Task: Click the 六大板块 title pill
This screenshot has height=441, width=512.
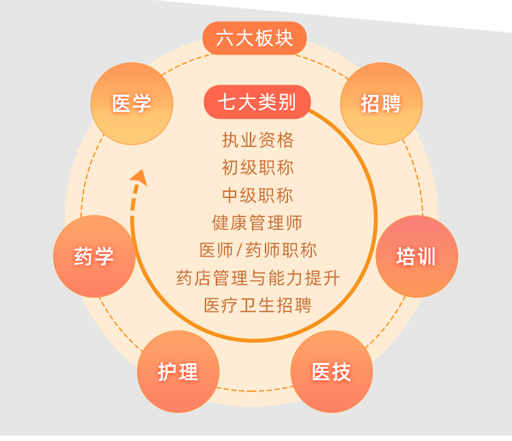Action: pyautogui.click(x=255, y=38)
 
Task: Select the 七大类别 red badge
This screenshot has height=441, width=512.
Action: pyautogui.click(x=257, y=102)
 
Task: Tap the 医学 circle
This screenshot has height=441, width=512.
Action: pyautogui.click(x=132, y=104)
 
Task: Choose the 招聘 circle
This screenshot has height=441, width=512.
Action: pyautogui.click(x=381, y=104)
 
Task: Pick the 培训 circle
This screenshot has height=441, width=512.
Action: pyautogui.click(x=416, y=256)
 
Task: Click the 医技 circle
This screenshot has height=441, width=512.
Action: pyautogui.click(x=331, y=371)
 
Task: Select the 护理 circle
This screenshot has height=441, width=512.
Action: pyautogui.click(x=178, y=371)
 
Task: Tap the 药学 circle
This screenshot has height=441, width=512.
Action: pyautogui.click(x=94, y=256)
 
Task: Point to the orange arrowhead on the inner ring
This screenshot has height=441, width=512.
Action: pyautogui.click(x=139, y=177)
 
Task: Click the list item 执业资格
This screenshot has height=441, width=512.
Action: pyautogui.click(x=258, y=140)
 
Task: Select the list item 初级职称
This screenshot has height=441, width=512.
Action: pyautogui.click(x=258, y=167)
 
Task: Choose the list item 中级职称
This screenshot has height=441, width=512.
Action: pyautogui.click(x=258, y=195)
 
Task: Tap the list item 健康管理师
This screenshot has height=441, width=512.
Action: pyautogui.click(x=257, y=223)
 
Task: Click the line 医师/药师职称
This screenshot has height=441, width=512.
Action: pyautogui.click(x=258, y=251)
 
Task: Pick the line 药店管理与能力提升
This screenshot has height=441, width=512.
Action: pyautogui.click(x=258, y=278)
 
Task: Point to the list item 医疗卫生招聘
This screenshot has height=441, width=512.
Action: pyautogui.click(x=258, y=306)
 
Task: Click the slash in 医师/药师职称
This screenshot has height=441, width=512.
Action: pyautogui.click(x=239, y=251)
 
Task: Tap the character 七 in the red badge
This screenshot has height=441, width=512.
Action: pyautogui.click(x=227, y=102)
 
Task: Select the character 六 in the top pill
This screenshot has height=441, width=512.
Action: pyautogui.click(x=225, y=38)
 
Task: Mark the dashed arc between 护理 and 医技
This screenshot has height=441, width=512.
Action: pyautogui.click(x=255, y=390)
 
